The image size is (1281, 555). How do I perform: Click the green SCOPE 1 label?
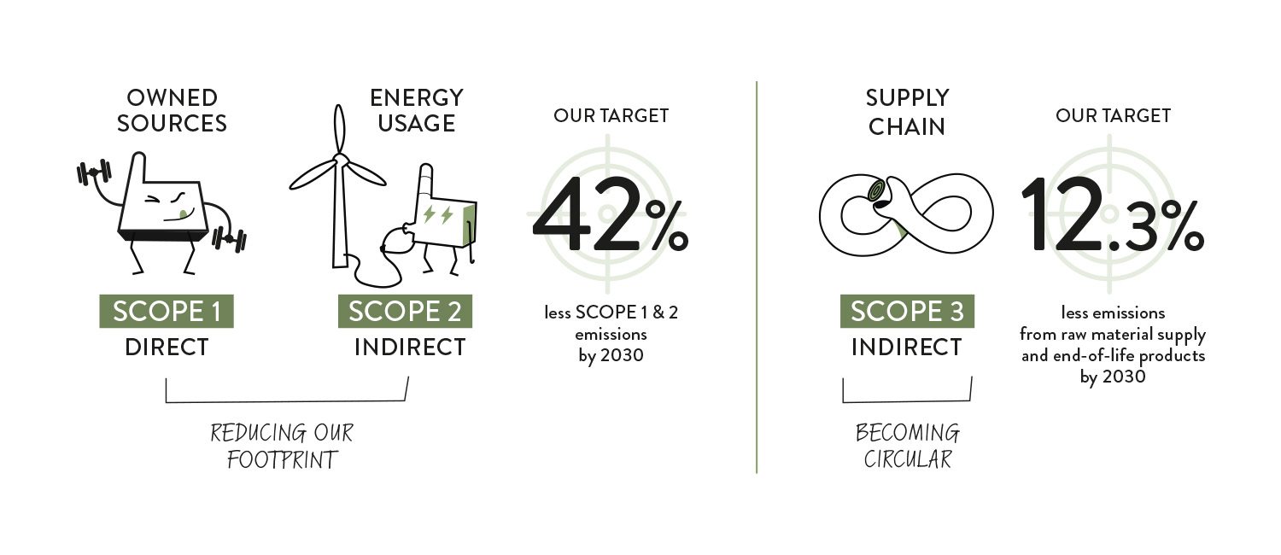pyautogui.click(x=167, y=311)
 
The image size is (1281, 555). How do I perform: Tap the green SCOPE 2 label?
pyautogui.click(x=405, y=311)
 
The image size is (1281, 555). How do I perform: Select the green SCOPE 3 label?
pyautogui.click(x=907, y=311)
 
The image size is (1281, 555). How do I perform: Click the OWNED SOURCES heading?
pyautogui.click(x=172, y=111)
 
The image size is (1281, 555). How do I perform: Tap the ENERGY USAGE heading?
pyautogui.click(x=416, y=110)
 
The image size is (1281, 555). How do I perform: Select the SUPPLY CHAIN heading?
pyautogui.click(x=907, y=113)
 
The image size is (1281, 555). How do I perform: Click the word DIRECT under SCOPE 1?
pyautogui.click(x=167, y=348)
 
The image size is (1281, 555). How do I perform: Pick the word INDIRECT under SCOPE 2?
pyautogui.click(x=410, y=348)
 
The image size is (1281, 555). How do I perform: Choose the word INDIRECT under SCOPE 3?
pyautogui.click(x=907, y=348)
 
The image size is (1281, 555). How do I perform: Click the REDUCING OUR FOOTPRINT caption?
pyautogui.click(x=282, y=446)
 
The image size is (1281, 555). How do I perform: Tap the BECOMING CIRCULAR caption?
pyautogui.click(x=907, y=446)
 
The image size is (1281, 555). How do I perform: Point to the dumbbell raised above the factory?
pyautogui.click(x=95, y=172)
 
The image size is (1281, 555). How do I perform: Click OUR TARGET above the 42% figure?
pyautogui.click(x=611, y=115)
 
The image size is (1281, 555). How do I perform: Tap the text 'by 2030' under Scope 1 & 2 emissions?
pyautogui.click(x=611, y=355)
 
